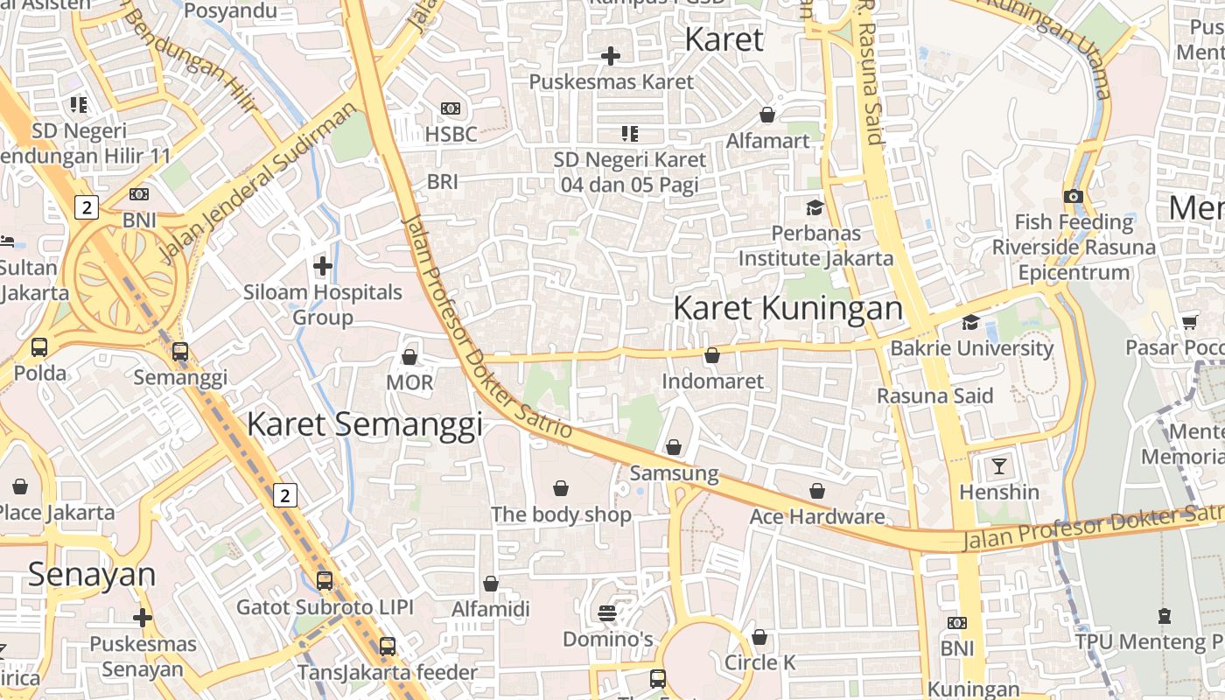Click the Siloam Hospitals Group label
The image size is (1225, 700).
pyautogui.click(x=323, y=304)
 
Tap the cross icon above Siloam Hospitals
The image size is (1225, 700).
pyautogui.click(x=323, y=265)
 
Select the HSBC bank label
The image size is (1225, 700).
pyautogui.click(x=451, y=134)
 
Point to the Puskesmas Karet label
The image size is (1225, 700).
pyautogui.click(x=611, y=81)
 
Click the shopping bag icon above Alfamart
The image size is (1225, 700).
pyautogui.click(x=767, y=115)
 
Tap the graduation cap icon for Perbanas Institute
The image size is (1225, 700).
pyautogui.click(x=815, y=207)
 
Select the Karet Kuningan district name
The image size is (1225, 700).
pyautogui.click(x=787, y=308)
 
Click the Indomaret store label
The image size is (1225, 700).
pyautogui.click(x=712, y=381)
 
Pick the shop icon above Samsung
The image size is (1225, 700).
pyautogui.click(x=674, y=447)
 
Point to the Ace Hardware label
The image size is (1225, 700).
pyautogui.click(x=817, y=516)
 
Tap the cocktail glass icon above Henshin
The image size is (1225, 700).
pyautogui.click(x=998, y=465)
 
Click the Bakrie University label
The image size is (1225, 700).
pyautogui.click(x=971, y=348)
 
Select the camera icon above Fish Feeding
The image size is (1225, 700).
pyautogui.click(x=1074, y=196)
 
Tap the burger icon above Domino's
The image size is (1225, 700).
pyautogui.click(x=607, y=612)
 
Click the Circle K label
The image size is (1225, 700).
pyautogui.click(x=759, y=662)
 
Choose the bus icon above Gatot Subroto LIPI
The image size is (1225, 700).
pyautogui.click(x=325, y=580)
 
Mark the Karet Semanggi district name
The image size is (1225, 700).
pyautogui.click(x=365, y=424)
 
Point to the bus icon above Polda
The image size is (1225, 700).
pyautogui.click(x=39, y=346)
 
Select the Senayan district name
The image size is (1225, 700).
pyautogui.click(x=92, y=575)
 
